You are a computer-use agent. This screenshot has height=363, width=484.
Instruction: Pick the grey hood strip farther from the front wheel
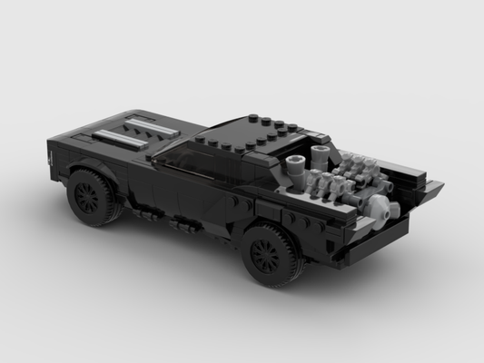point(145,122)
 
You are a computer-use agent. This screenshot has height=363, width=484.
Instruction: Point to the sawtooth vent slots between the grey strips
point(132,130)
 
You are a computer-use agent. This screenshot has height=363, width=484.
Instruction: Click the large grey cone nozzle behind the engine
point(389,211)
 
